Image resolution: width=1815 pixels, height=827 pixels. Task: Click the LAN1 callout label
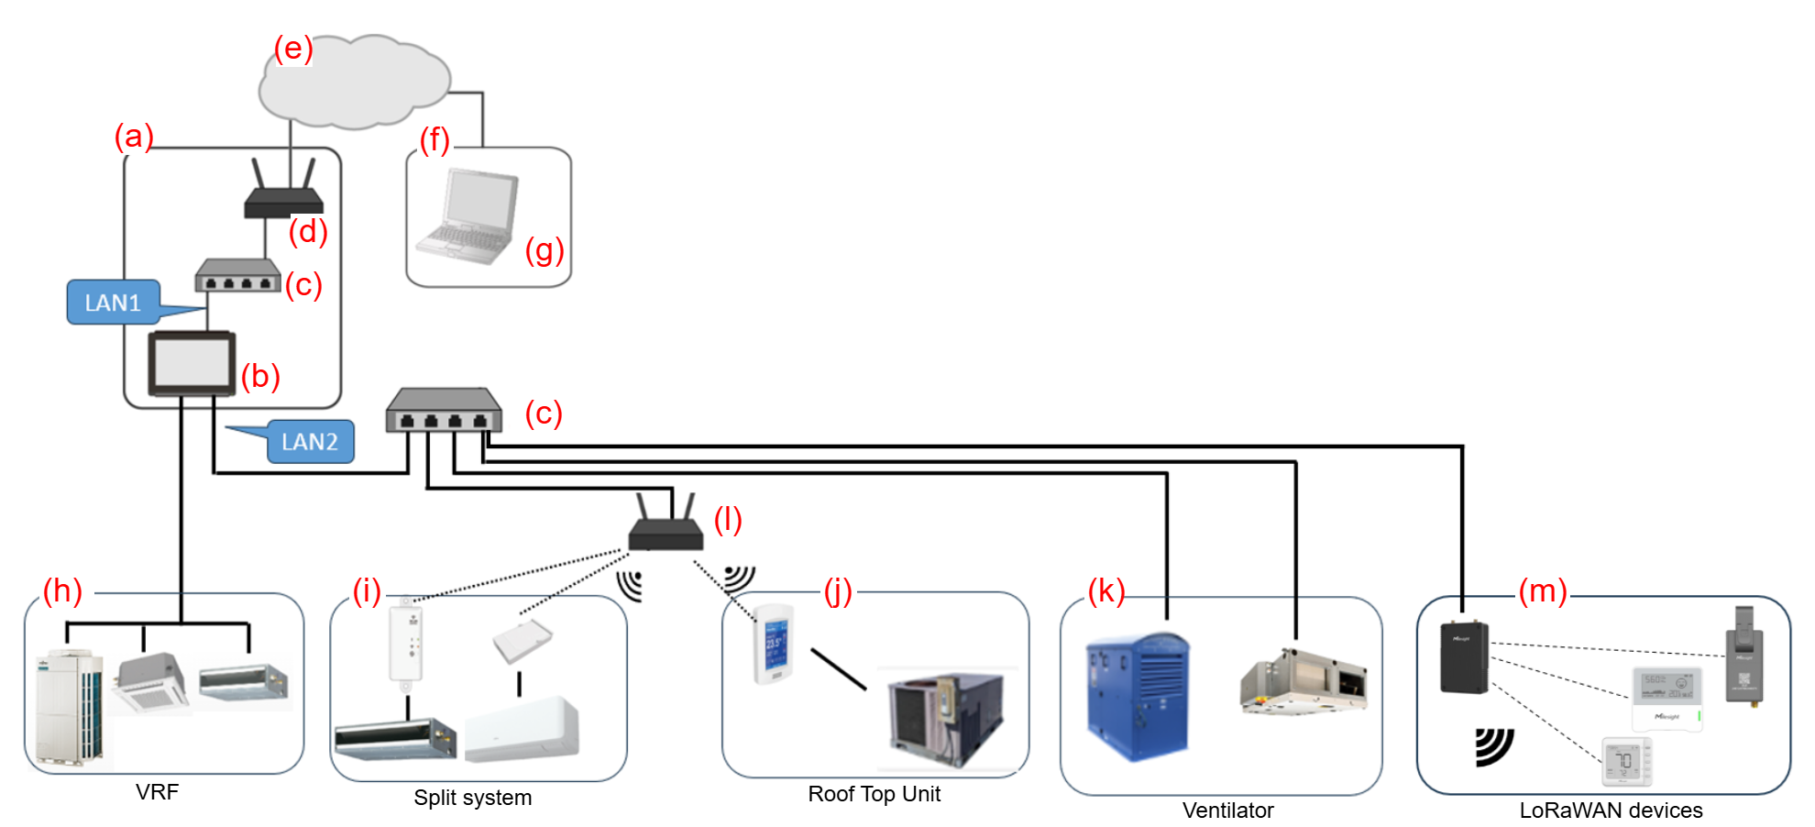[x=113, y=303]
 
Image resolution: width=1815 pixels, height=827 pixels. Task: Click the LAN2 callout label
[x=310, y=442]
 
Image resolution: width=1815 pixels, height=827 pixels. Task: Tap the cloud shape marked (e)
[x=355, y=83]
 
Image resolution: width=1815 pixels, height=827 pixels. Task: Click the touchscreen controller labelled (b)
[x=192, y=364]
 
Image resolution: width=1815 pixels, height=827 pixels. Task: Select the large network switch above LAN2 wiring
[x=444, y=410]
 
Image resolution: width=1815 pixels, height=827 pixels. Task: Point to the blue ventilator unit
[x=1138, y=696]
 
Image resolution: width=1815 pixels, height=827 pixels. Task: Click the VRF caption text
[x=157, y=792]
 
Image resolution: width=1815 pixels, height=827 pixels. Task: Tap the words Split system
[x=472, y=798]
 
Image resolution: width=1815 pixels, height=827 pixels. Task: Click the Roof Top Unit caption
[x=874, y=794]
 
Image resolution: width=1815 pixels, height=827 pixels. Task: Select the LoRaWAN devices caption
[x=1611, y=810]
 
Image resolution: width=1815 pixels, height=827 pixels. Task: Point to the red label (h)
[x=62, y=591]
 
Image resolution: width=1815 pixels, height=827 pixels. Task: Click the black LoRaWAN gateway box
[x=1464, y=657]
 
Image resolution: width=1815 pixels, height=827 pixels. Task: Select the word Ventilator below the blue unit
[x=1227, y=810]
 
